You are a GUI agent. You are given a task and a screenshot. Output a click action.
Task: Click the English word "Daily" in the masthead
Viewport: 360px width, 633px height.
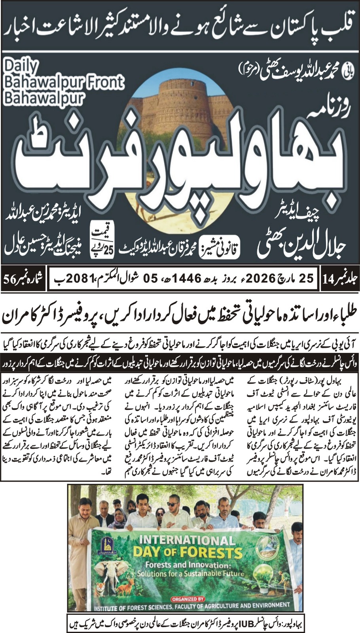(21, 66)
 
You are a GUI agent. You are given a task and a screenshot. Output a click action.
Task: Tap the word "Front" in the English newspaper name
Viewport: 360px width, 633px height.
(106, 82)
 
